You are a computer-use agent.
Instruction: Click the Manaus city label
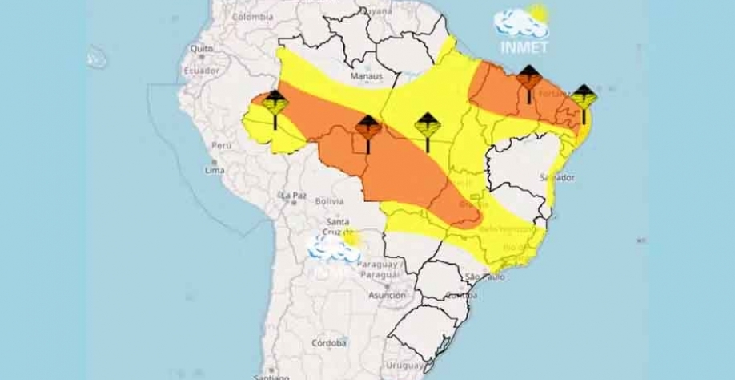(x=367, y=77)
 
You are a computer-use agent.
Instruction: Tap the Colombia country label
(x=252, y=17)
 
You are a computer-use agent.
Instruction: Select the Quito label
(x=201, y=49)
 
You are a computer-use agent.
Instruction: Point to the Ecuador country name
(x=201, y=70)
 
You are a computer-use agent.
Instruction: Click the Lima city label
(x=214, y=170)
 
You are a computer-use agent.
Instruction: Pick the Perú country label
(x=221, y=146)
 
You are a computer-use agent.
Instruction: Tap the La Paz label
(x=293, y=195)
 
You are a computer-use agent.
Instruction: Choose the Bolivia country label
(x=329, y=201)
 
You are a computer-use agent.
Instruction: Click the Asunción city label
(x=387, y=295)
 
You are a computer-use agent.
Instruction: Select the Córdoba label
(x=329, y=343)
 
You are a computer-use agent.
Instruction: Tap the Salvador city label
(x=556, y=176)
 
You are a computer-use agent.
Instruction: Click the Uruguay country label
(x=404, y=366)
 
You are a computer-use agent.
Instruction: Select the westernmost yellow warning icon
(x=275, y=107)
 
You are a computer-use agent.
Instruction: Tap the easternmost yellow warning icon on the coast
(x=584, y=101)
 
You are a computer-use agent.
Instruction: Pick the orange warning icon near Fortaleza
(x=528, y=82)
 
